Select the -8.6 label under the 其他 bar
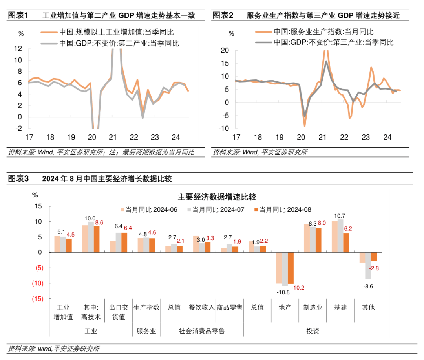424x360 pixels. click(369, 286)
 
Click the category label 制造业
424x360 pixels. click(313, 307)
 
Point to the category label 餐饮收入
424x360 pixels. click(202, 307)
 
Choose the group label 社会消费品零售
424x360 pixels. click(202, 331)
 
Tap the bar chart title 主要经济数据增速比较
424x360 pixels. click(217, 197)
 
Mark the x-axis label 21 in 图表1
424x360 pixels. click(113, 138)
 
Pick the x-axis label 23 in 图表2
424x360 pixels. click(366, 138)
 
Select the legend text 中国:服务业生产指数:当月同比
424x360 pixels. click(323, 32)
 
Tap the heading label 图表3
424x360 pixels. click(18, 179)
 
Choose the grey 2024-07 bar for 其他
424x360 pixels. click(368, 266)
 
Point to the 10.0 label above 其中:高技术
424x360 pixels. click(91, 219)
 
